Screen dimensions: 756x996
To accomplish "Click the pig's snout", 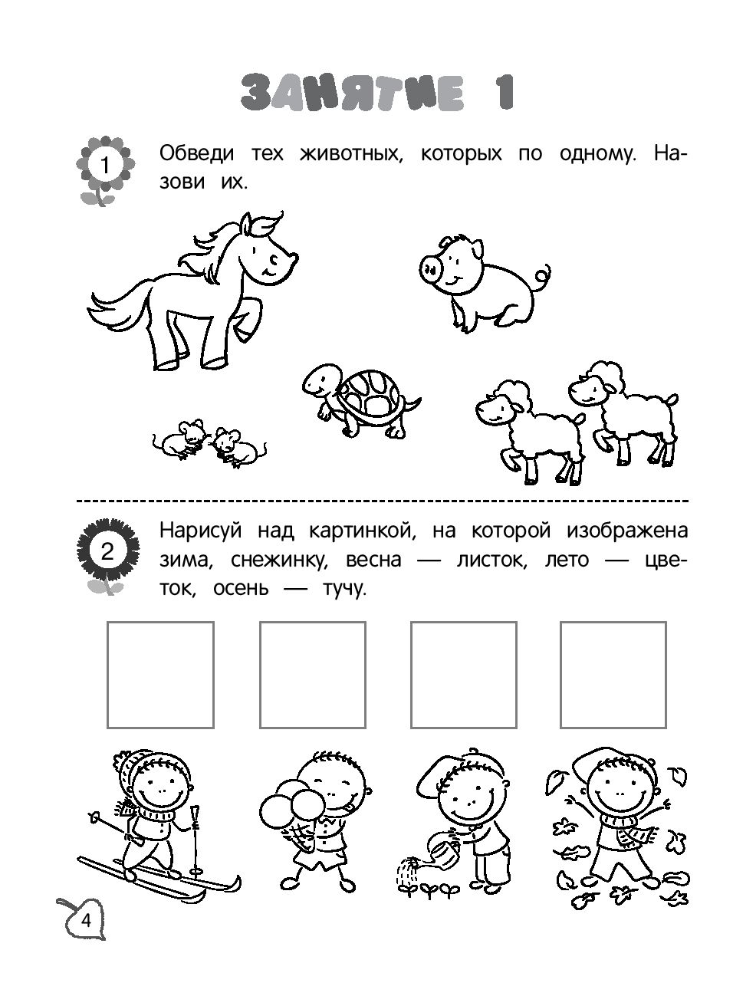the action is point(429,270).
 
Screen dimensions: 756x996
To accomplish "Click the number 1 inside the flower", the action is point(104,165).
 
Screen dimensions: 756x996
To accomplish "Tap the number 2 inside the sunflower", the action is point(107,551).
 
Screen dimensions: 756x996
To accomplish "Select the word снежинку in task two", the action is point(279,560).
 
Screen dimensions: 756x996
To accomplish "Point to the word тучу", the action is point(343,590).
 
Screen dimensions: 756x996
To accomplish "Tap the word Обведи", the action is point(196,153).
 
